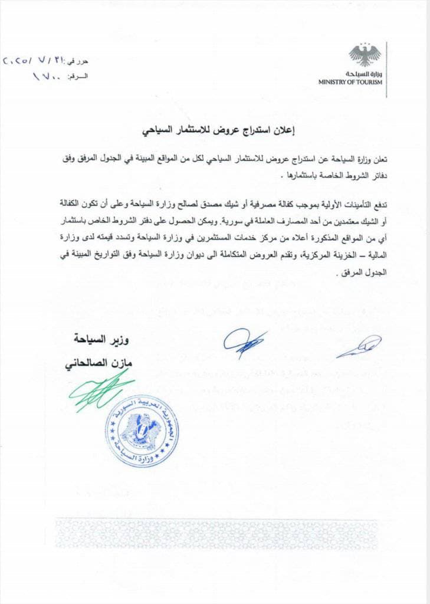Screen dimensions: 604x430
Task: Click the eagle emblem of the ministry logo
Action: [364, 55]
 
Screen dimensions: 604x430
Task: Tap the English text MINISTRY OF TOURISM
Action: [350, 82]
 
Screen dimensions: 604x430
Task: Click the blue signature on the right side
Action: [359, 346]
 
